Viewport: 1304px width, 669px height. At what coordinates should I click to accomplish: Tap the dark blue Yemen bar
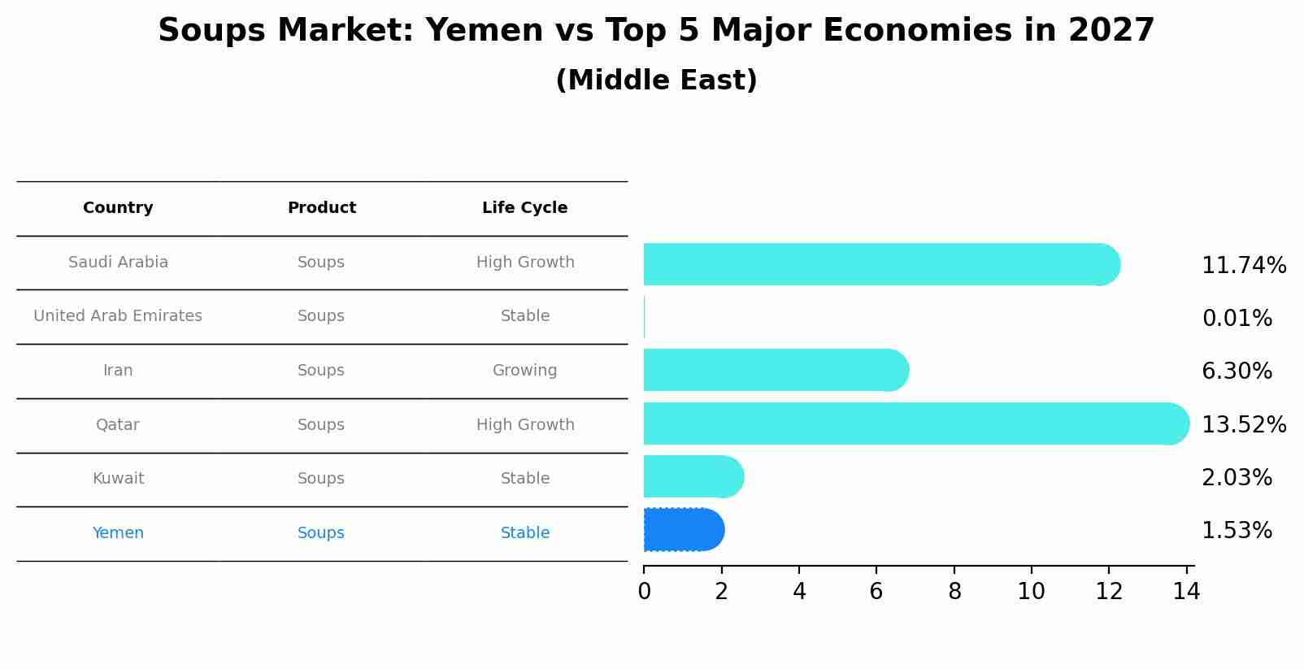(683, 530)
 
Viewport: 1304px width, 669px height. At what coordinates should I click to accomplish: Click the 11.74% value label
(1243, 266)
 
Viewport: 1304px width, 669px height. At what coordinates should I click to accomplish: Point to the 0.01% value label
(1237, 319)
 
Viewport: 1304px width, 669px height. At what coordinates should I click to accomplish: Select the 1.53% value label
(1237, 531)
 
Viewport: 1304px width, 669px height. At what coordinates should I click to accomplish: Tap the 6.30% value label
(1237, 371)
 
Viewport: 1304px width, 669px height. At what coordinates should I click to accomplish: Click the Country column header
(118, 208)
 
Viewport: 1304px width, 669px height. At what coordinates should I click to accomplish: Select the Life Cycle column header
(524, 208)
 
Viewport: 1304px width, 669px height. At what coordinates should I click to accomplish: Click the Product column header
(321, 208)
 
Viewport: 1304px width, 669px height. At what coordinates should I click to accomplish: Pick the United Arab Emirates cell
(118, 316)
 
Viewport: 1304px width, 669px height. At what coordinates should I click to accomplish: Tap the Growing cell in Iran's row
(524, 371)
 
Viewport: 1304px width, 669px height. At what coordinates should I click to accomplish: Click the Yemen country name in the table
(118, 533)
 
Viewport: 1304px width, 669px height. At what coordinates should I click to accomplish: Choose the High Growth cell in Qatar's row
(524, 425)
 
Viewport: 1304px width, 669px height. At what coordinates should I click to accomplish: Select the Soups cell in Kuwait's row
(321, 479)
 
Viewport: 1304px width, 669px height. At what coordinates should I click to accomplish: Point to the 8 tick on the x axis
(954, 592)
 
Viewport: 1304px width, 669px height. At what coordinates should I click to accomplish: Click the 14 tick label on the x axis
(1186, 592)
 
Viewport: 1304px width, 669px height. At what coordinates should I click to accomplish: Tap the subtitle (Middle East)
(656, 80)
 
